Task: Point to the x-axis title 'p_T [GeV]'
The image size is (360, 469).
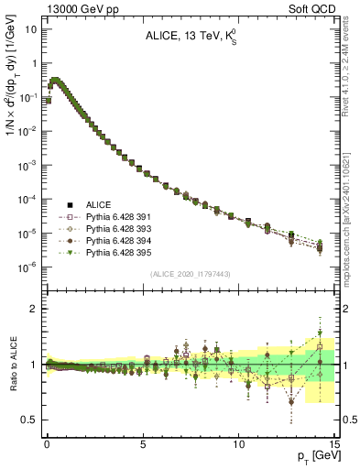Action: [313, 455]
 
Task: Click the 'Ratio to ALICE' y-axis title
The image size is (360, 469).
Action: [12, 365]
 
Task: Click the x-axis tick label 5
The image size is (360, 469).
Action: [143, 441]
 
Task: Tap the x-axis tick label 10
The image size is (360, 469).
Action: [238, 441]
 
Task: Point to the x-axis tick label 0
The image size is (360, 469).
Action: [47, 441]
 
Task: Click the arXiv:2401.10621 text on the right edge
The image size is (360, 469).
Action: [352, 183]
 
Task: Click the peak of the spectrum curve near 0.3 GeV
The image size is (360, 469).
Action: [54, 81]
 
